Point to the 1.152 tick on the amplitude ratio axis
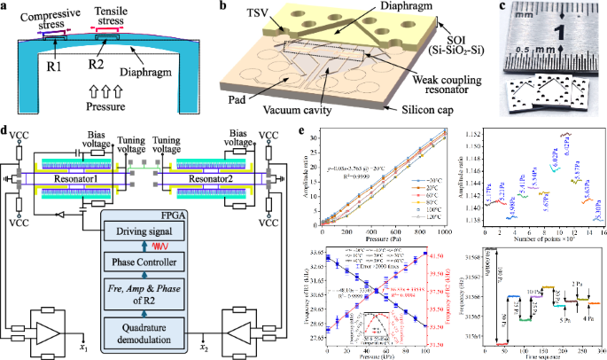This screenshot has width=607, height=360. (x=474, y=132)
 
